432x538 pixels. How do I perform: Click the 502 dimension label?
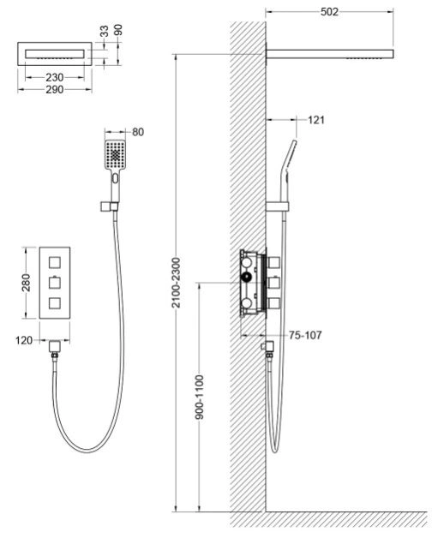pos(329,12)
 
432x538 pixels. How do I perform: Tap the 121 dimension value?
pos(316,120)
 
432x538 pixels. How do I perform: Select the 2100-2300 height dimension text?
pos(176,283)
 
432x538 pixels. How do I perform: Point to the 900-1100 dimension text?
pos(200,397)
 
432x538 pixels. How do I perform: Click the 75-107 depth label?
pos(305,335)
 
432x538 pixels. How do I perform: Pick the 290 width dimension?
pos(55,90)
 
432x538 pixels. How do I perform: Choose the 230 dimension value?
pos(55,78)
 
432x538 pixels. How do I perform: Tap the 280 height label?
pos(26,283)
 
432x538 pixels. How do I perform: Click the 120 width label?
pos(24,341)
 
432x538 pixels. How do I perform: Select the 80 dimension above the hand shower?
pos(138,132)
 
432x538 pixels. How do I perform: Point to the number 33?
pos(104,31)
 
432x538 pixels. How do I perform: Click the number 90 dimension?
pos(118,30)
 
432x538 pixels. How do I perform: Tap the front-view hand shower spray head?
pos(115,155)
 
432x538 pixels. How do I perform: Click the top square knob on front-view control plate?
pos(55,263)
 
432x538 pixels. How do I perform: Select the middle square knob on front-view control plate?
pos(55,283)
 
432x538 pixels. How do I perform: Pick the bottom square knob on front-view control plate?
pos(55,303)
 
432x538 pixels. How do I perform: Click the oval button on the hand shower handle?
pos(115,178)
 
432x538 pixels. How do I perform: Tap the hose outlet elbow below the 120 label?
pos(55,347)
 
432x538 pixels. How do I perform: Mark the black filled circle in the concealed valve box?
pos(246,278)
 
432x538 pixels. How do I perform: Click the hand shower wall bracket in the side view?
pos(278,206)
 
